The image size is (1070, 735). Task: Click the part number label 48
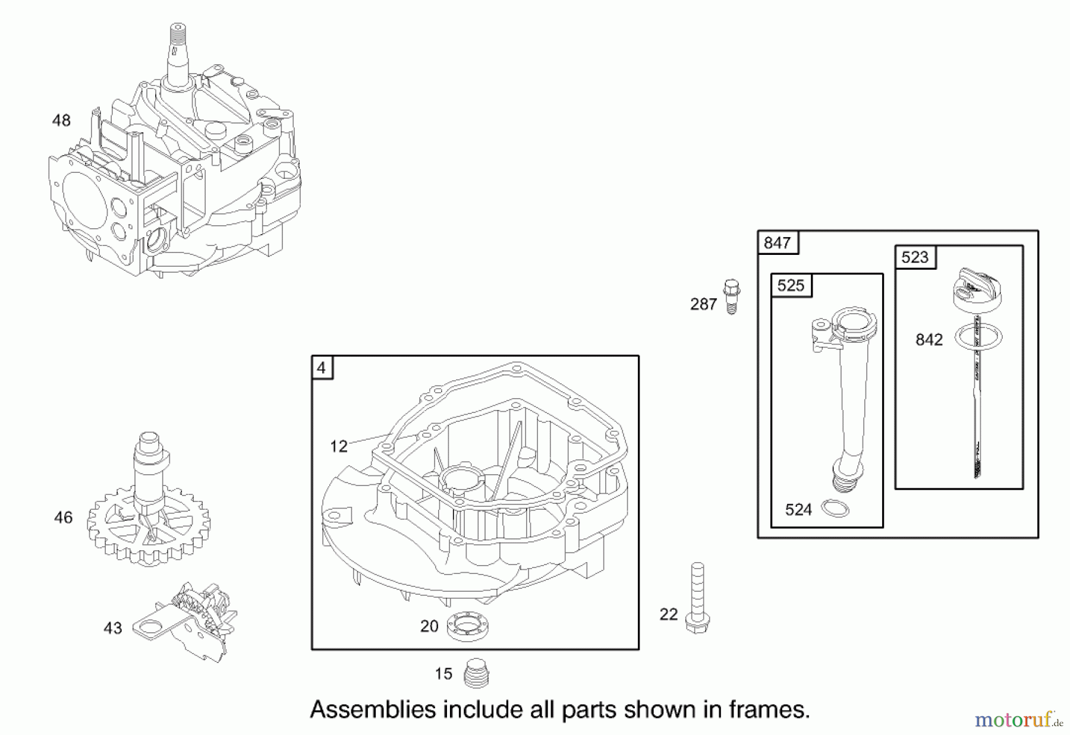pos(61,121)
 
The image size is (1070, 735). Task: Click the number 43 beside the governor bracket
pos(112,628)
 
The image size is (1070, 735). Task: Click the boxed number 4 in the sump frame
pos(322,368)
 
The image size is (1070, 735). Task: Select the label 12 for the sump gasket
pos(338,446)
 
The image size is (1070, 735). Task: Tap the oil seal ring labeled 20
pos(468,625)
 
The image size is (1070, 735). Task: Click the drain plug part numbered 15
pos(476,673)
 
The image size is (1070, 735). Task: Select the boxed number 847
pos(778,243)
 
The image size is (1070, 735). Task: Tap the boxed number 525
pos(791,286)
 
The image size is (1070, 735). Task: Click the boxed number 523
pos(914,257)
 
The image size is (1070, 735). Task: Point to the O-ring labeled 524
pos(835,509)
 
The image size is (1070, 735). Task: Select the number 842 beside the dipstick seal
pos(929,340)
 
